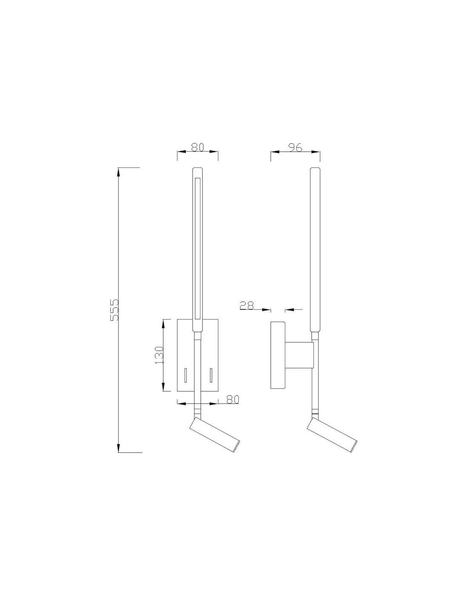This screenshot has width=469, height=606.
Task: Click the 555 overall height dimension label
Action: [x=115, y=310]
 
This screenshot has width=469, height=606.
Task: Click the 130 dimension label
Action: [x=159, y=355]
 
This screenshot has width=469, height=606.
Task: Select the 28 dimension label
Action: [x=247, y=306]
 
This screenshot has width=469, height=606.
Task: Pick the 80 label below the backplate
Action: [x=233, y=399]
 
